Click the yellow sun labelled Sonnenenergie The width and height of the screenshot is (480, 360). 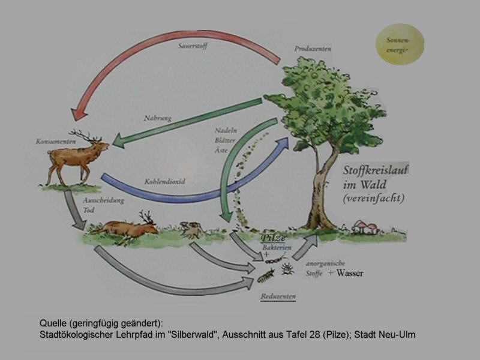(398, 44)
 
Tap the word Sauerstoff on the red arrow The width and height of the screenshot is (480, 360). (193, 46)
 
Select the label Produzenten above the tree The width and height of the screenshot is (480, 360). (312, 47)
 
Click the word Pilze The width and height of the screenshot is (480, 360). (273, 238)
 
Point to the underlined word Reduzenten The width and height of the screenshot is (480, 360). (278, 296)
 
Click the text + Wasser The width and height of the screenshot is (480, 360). (346, 273)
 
